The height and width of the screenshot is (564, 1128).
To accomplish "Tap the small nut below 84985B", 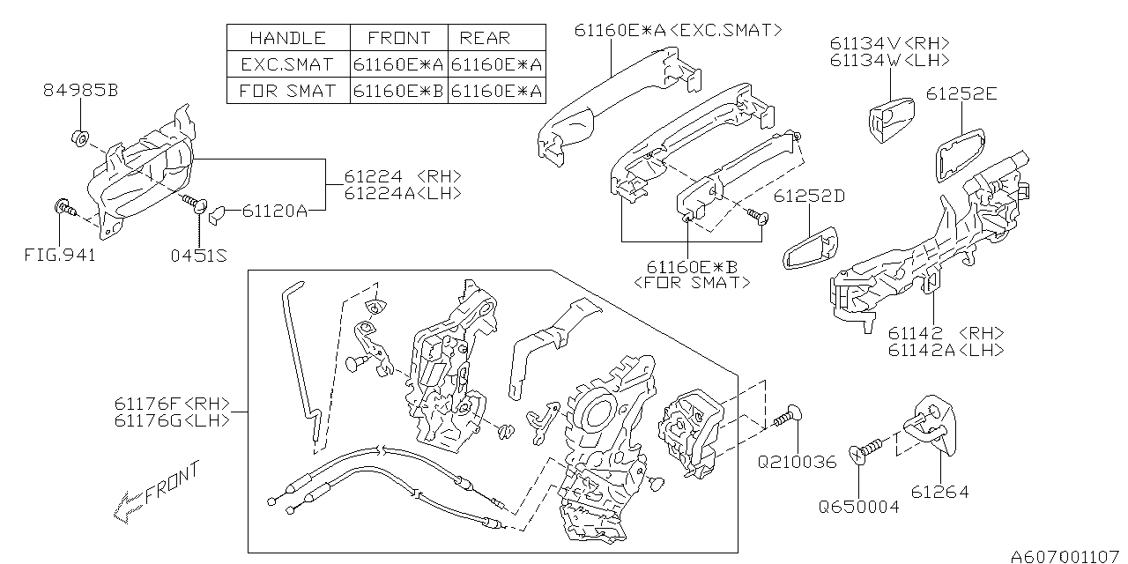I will tap(79, 137).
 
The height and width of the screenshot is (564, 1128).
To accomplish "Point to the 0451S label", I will tap(199, 256).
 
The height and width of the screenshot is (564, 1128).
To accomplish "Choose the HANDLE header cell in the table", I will tap(288, 38).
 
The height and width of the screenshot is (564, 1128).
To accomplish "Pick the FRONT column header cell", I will tap(399, 38).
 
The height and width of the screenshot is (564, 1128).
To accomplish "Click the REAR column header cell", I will tap(485, 38).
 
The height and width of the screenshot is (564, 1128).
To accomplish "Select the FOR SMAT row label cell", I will tap(288, 90).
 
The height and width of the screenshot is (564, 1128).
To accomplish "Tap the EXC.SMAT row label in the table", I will tap(288, 64).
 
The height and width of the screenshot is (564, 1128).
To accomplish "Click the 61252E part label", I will tap(961, 94).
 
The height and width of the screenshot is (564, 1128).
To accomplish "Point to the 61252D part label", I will tap(809, 196).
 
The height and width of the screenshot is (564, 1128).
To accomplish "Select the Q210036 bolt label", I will tap(797, 462).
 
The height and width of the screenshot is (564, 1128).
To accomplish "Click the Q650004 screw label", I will tap(858, 507).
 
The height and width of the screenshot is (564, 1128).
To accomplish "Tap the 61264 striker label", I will tap(939, 492).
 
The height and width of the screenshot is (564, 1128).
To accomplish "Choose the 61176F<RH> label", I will tap(171, 404).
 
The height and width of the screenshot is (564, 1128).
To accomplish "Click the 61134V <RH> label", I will tap(889, 43).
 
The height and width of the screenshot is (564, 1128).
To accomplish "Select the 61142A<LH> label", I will tap(946, 351).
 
